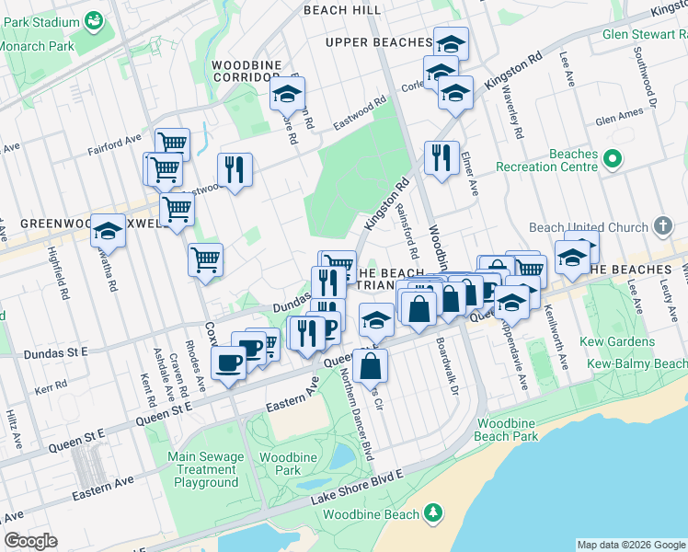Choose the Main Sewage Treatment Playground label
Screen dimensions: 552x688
pyautogui.click(x=206, y=469)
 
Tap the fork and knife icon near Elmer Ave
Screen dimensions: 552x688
pyautogui.click(x=441, y=158)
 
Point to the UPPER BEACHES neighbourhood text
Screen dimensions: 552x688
pyautogui.click(x=378, y=42)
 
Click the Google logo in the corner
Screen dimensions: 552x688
pyautogui.click(x=30, y=541)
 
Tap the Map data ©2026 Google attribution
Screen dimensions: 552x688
pyautogui.click(x=630, y=545)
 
